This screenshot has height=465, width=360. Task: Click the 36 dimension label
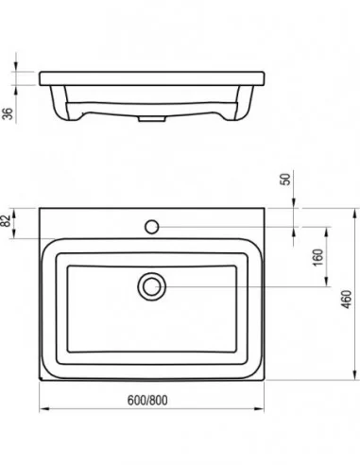click(8, 113)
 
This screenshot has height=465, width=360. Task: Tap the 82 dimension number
click(7, 220)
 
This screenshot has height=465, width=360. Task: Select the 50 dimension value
click(285, 180)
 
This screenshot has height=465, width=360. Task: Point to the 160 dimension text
click(318, 257)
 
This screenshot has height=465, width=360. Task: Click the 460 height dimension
click(346, 300)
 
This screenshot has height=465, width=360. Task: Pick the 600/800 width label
click(147, 400)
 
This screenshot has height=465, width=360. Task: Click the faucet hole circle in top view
click(152, 227)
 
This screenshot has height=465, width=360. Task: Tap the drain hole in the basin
click(152, 286)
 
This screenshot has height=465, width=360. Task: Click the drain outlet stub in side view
click(152, 119)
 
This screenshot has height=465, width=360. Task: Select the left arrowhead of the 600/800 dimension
click(44, 409)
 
